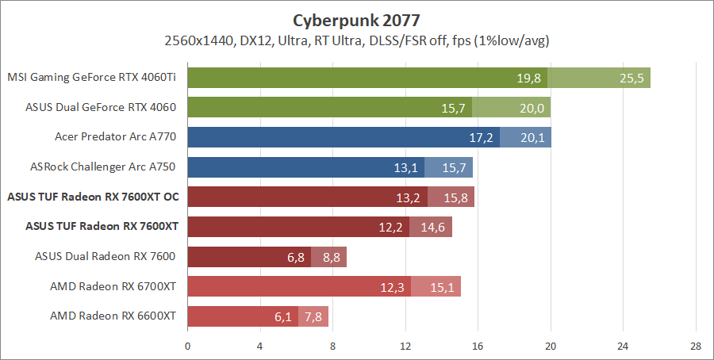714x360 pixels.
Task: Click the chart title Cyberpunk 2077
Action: (x=356, y=19)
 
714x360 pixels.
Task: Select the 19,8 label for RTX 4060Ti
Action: (x=528, y=78)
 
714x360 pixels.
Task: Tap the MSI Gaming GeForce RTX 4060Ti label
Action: (x=91, y=78)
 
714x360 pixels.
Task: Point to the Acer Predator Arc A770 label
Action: (x=115, y=137)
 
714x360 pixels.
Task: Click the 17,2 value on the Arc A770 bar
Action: (x=482, y=137)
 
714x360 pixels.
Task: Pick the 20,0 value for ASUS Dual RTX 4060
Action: (x=532, y=108)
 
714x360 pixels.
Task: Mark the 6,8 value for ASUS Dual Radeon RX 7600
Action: (x=296, y=257)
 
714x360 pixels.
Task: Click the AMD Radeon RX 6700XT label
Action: (x=113, y=286)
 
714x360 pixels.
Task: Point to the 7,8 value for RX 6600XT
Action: (x=313, y=316)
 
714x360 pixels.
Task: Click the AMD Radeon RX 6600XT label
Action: (x=113, y=316)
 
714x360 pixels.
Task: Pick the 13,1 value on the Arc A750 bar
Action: (x=405, y=167)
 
